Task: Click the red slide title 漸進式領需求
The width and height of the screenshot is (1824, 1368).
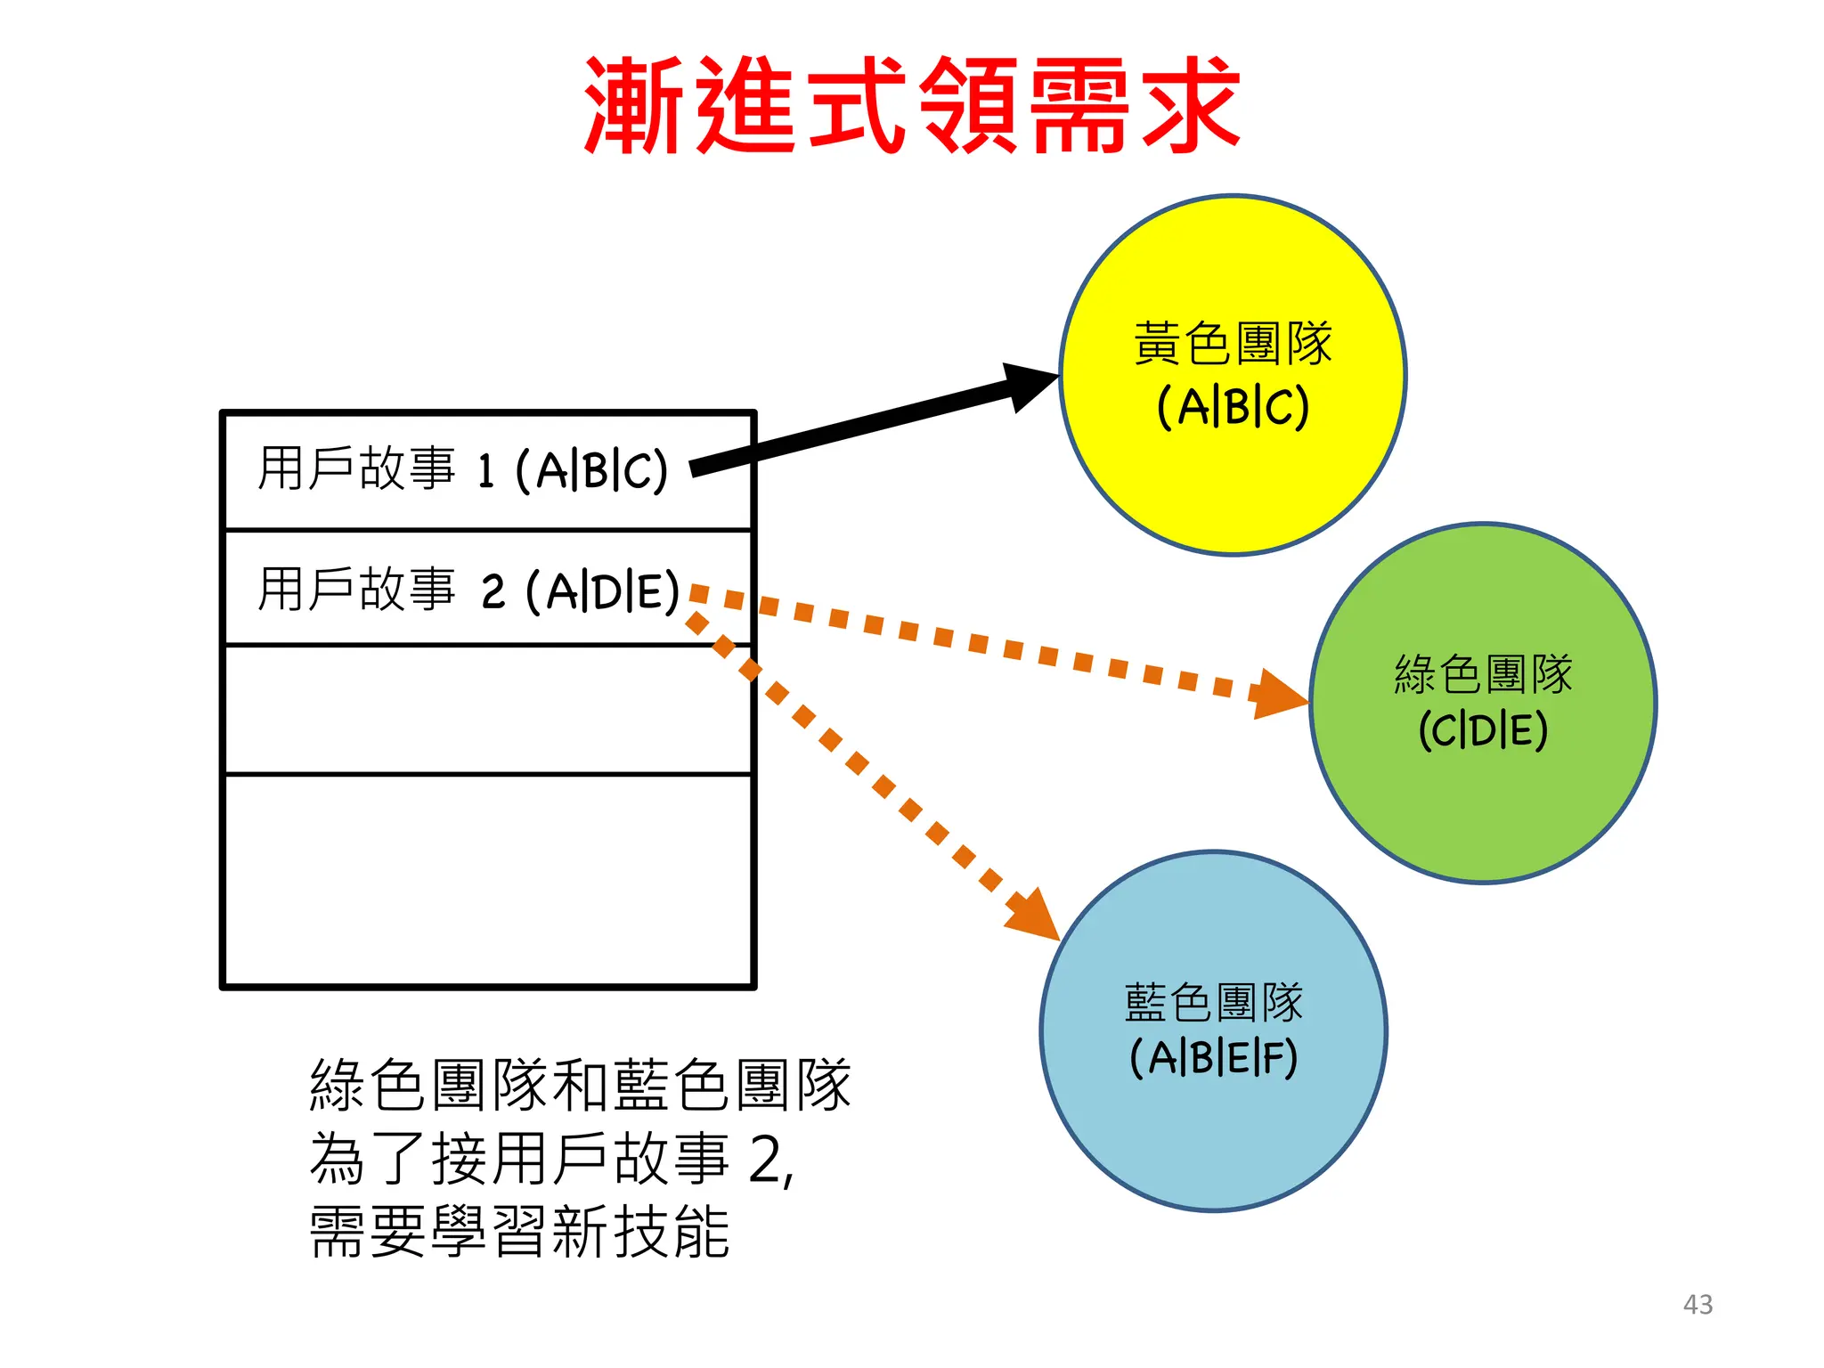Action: coord(912,105)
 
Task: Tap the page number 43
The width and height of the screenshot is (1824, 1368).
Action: coord(1698,1304)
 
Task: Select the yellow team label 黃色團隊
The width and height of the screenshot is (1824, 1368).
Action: coord(1233,344)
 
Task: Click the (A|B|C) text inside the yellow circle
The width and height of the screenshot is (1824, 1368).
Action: coord(1233,407)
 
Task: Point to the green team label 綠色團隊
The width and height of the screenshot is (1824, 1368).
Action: coord(1483,674)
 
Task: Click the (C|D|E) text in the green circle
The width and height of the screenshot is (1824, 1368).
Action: coord(1483,730)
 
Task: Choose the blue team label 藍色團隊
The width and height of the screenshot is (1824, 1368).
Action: coord(1213,1003)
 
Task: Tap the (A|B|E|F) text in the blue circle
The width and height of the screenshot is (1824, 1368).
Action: coord(1213,1059)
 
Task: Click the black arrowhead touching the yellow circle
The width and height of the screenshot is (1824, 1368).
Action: coord(1029,385)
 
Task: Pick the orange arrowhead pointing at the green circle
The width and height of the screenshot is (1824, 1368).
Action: coord(1277,695)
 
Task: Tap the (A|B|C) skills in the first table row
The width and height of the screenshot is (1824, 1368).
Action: coord(591,470)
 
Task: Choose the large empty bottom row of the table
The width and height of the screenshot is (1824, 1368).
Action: coord(487,880)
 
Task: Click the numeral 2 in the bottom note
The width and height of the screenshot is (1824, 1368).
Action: coord(768,1160)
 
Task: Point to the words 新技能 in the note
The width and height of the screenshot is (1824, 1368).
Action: coord(641,1233)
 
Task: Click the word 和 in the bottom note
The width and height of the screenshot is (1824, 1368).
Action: coord(581,1086)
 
